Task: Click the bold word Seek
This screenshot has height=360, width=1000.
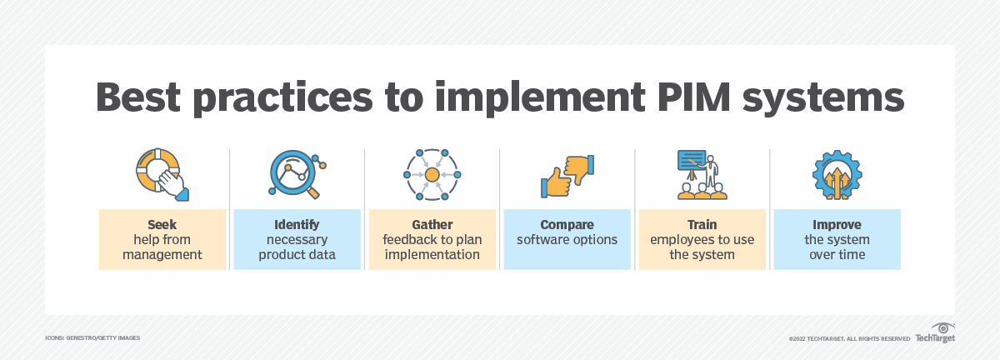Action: (x=162, y=225)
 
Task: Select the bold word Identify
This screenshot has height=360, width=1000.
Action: (x=297, y=225)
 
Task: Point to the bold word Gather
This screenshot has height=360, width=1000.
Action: (x=432, y=225)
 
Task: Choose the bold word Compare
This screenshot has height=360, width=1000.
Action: (x=567, y=225)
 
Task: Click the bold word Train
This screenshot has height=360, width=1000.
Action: (x=702, y=225)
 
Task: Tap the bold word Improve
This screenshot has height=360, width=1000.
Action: (x=837, y=225)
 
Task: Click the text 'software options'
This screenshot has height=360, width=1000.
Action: (x=567, y=240)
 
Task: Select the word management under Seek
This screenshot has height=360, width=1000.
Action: (x=162, y=255)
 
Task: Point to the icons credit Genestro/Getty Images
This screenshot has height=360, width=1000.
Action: (x=92, y=337)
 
